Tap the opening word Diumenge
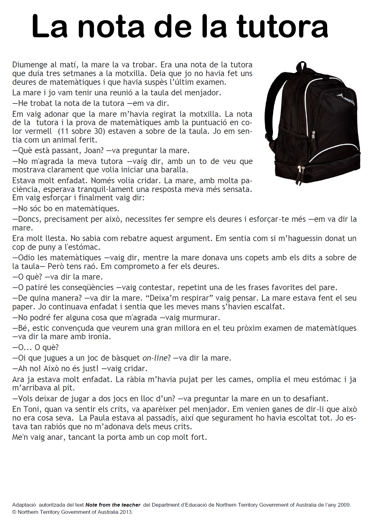click(x=30, y=65)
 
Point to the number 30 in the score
click(x=98, y=131)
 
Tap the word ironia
click(x=99, y=337)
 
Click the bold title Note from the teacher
click(x=113, y=505)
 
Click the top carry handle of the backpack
click(x=301, y=66)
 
